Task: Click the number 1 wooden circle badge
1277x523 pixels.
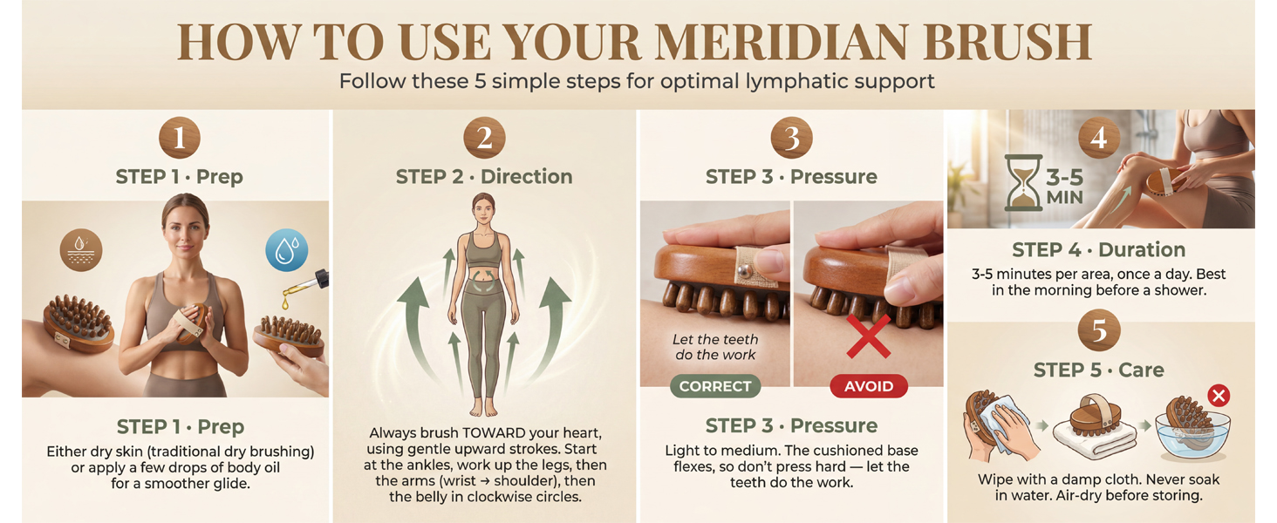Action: [x=180, y=138]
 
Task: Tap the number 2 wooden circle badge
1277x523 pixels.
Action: [x=485, y=138]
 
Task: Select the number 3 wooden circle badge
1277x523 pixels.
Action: [x=792, y=138]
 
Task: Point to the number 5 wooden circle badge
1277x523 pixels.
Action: [x=1099, y=330]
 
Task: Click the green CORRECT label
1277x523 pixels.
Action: [x=715, y=386]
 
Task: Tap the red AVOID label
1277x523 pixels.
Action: [x=869, y=386]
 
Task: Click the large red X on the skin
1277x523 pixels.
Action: [x=868, y=336]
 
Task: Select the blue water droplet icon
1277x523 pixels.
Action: [x=287, y=250]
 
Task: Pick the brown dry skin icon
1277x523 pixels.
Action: [x=81, y=250]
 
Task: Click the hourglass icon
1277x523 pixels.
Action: [x=1023, y=183]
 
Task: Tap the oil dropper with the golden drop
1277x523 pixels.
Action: [x=305, y=288]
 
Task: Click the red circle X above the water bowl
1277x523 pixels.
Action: [x=1219, y=396]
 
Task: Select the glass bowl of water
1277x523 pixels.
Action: [x=1192, y=435]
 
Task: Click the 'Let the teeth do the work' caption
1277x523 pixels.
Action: [x=715, y=347]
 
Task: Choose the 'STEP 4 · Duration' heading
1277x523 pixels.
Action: [x=1098, y=250]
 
